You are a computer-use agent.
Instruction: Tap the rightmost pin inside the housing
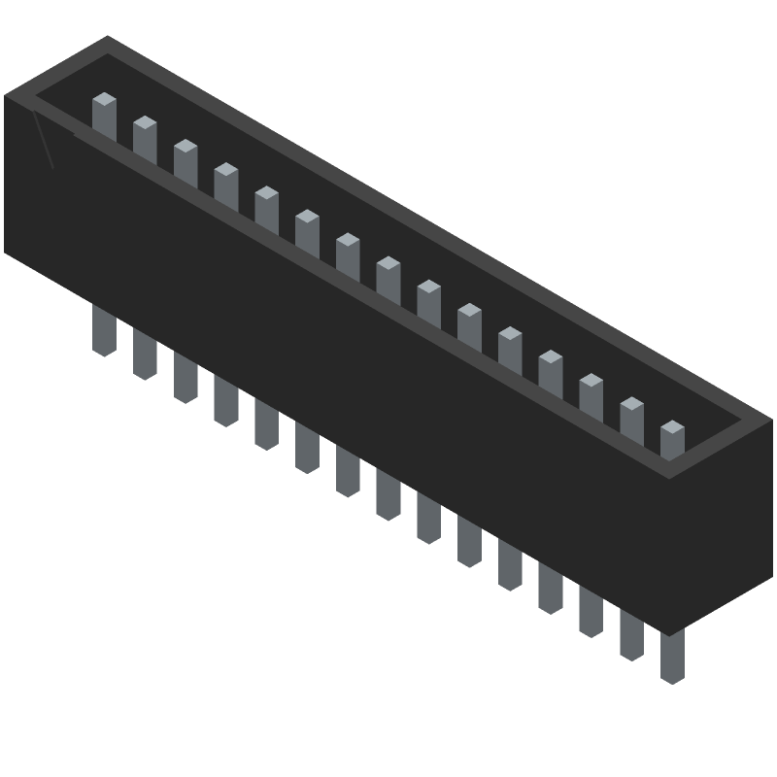click(672, 439)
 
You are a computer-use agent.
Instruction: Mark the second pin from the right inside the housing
click(631, 416)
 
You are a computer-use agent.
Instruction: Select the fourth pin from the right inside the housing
click(551, 369)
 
